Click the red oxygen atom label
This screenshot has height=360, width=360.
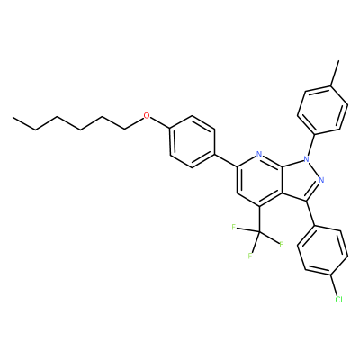146,116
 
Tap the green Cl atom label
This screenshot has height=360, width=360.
338,300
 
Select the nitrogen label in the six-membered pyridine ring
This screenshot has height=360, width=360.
259,155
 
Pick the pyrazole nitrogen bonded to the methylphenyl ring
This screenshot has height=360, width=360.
306,158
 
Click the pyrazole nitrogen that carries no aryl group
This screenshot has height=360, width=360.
321,180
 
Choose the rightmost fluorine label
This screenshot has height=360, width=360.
282,245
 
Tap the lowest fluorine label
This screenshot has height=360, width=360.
249,256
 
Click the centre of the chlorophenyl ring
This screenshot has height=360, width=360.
323,251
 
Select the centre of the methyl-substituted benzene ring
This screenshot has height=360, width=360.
323,110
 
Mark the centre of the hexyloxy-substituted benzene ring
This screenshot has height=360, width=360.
193,141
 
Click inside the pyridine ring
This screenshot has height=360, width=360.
259,181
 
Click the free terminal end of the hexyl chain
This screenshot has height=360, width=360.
13,118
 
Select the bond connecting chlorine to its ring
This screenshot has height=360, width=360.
334,285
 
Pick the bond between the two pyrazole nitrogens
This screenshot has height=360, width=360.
314,169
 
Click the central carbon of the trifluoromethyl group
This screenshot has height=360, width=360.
259,232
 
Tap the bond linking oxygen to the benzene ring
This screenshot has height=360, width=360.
159,123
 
